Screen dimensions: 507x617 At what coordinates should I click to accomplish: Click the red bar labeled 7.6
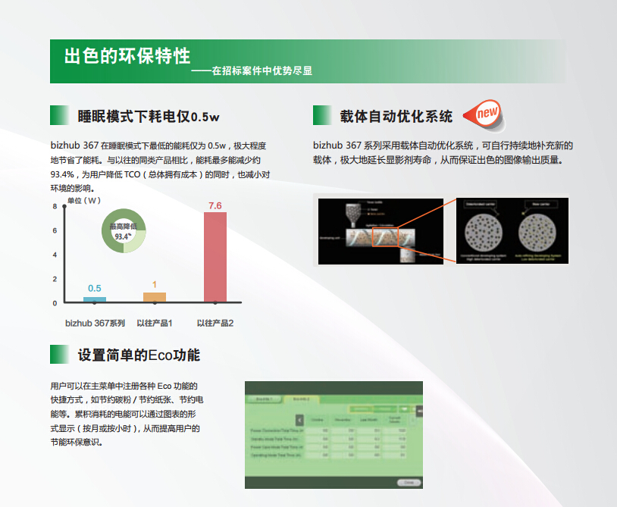[215, 257]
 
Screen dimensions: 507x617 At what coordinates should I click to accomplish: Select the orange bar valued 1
[154, 297]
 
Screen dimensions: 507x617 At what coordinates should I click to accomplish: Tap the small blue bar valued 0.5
[95, 299]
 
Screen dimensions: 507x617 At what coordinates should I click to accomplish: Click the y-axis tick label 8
[55, 206]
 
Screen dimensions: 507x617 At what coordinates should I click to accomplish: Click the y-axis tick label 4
[55, 255]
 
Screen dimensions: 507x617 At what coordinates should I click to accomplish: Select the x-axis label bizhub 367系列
[95, 324]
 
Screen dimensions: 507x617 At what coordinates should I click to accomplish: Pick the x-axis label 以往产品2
[215, 324]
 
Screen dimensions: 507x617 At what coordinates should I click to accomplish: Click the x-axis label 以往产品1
[155, 324]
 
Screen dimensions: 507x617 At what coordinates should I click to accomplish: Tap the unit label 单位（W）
[83, 201]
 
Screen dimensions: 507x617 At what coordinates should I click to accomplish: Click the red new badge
[487, 114]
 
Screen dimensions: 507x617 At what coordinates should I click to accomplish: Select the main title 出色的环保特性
[127, 57]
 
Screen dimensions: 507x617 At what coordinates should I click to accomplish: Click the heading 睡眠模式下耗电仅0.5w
[149, 117]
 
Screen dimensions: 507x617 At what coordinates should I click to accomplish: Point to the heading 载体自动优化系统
[396, 117]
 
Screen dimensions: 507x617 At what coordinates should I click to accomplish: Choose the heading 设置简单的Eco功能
[139, 355]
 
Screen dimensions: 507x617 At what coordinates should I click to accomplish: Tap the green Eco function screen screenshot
[334, 434]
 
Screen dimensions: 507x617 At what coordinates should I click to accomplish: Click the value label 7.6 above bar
[215, 205]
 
